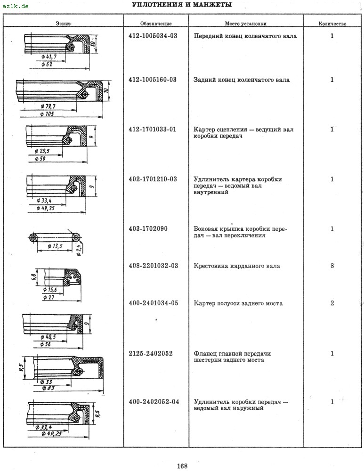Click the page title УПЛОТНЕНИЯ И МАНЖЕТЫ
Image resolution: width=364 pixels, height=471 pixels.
(x=182, y=5)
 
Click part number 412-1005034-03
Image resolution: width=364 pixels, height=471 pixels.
(x=153, y=36)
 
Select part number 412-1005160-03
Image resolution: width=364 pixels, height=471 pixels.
(x=153, y=80)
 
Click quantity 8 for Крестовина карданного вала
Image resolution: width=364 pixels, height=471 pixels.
(x=332, y=266)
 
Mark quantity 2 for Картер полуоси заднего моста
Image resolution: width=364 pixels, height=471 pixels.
(x=332, y=303)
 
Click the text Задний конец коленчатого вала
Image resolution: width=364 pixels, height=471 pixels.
(x=242, y=80)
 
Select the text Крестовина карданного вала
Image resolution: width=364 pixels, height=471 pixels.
(x=237, y=266)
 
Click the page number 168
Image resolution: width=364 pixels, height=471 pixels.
(x=182, y=466)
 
